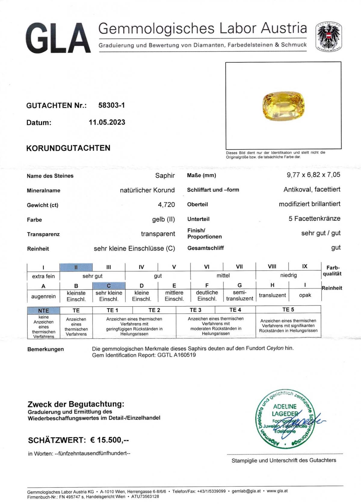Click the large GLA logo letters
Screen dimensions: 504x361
tap(58, 38)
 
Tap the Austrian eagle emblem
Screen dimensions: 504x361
tap(328, 36)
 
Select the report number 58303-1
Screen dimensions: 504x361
tap(111, 105)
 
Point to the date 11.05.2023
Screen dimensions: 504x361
tap(107, 122)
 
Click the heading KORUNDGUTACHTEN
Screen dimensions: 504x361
tap(68, 148)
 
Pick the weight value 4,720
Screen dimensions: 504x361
tap(166, 205)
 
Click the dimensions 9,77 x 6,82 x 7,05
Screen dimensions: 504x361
tap(313, 175)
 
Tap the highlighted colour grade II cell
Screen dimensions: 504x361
tap(76, 267)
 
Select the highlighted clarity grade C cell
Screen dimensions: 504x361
tap(109, 286)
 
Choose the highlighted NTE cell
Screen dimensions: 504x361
tap(44, 310)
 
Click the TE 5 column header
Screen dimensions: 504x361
tap(288, 310)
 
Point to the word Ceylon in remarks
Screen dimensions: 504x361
tap(275, 348)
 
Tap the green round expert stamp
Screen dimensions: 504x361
tap(284, 419)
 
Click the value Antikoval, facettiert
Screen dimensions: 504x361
tap(312, 190)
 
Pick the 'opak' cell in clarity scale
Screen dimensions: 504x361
tap(305, 295)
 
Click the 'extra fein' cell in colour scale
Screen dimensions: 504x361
tap(44, 276)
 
